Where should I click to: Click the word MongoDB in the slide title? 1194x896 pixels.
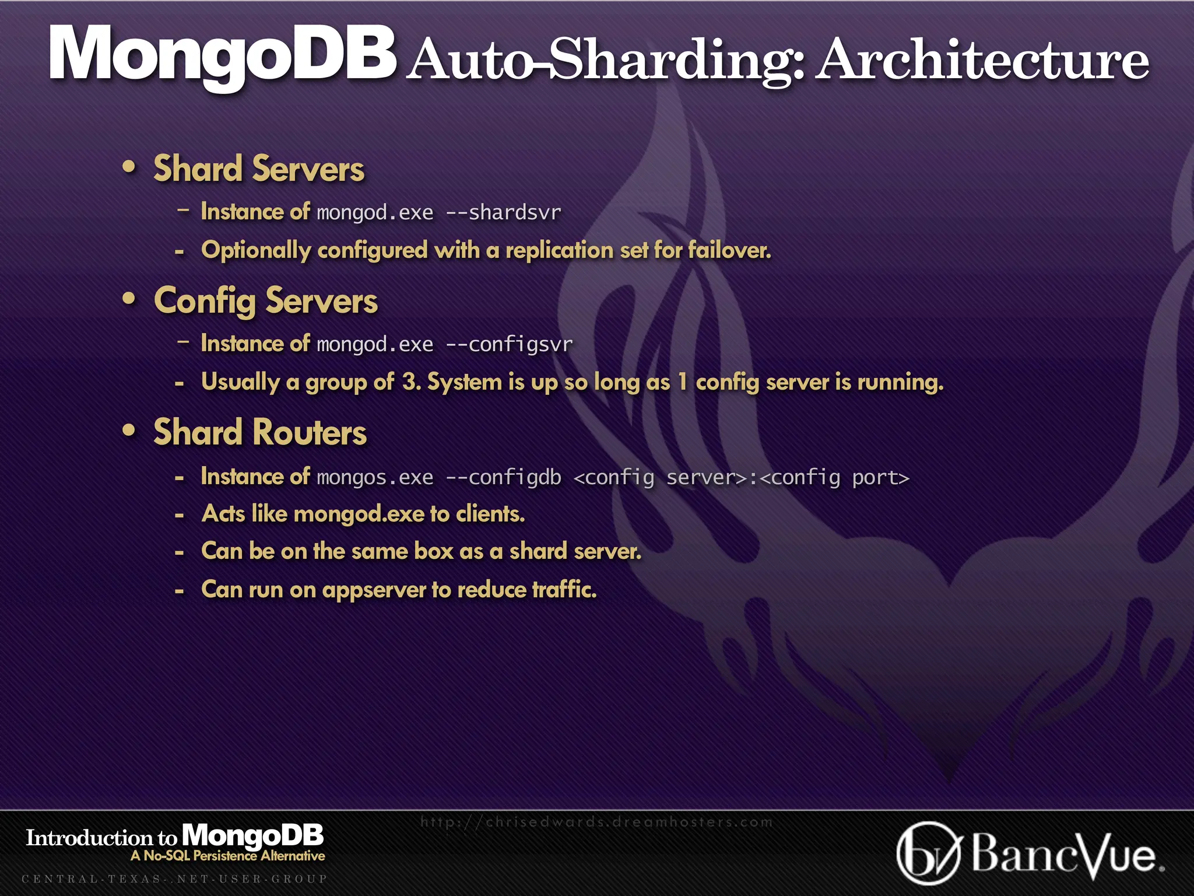coord(222,55)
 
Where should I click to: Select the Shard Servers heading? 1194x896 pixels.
coord(259,169)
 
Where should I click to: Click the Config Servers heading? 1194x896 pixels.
coord(265,301)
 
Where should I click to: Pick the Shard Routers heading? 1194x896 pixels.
coord(260,433)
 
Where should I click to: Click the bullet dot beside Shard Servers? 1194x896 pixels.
coord(129,167)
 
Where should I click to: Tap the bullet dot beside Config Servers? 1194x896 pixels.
coord(129,299)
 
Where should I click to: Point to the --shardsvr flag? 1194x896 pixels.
coord(503,212)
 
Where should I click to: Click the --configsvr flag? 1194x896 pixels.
coord(509,344)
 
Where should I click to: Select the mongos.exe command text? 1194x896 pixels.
coord(375,477)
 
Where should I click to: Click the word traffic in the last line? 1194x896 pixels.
coord(564,589)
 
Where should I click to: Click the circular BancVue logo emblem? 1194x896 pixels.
coord(928,853)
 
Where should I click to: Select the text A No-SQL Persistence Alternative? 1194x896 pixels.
coord(228,856)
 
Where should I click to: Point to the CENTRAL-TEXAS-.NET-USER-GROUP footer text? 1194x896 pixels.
coord(174,878)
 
